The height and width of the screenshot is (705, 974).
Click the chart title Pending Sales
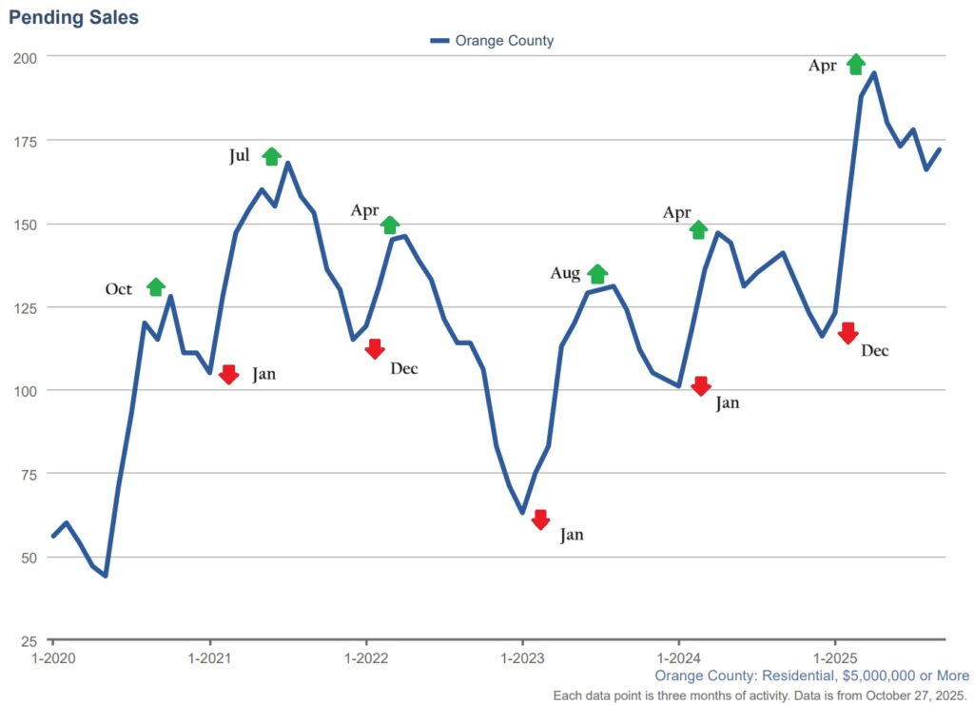point(73,17)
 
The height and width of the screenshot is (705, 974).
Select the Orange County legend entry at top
point(492,41)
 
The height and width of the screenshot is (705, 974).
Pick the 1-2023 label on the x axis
point(521,657)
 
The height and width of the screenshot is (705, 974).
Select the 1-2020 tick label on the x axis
point(52,657)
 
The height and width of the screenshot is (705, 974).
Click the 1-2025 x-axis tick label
point(834,657)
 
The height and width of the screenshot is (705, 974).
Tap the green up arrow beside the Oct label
point(156,286)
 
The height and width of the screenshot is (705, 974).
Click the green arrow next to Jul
point(272,156)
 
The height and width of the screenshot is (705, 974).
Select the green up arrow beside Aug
point(597,274)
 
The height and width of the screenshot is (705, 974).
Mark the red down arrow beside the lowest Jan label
point(540,519)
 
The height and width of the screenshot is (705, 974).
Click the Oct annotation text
point(119,289)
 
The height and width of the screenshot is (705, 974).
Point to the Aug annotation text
point(565,274)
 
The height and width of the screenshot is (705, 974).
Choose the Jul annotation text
point(240,156)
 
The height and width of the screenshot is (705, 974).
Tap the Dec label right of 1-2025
point(874,350)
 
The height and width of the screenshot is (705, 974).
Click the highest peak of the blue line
point(874,73)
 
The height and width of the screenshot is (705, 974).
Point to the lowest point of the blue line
point(106,576)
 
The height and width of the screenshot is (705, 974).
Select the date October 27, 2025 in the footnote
point(911,695)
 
